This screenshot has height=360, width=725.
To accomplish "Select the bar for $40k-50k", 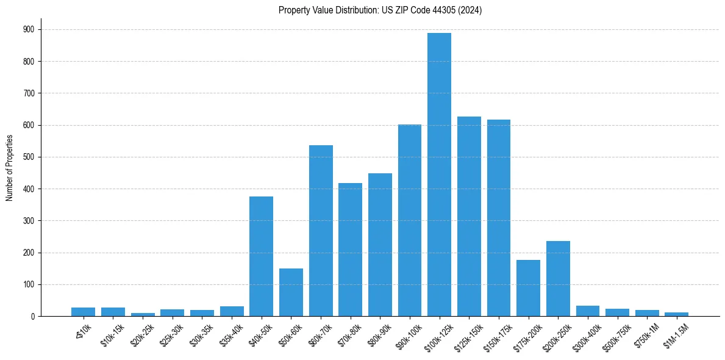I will coord(261,256).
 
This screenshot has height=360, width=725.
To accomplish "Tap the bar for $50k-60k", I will coord(291,292).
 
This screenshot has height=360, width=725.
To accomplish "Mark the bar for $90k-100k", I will coord(410,220).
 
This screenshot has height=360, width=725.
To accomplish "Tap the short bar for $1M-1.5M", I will coord(676,314).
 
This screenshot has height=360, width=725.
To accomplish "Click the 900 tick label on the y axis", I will coord(29,29).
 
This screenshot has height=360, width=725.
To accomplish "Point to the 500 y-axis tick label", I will coord(29,157).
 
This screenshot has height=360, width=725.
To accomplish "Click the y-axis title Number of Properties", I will coord(9,167).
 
